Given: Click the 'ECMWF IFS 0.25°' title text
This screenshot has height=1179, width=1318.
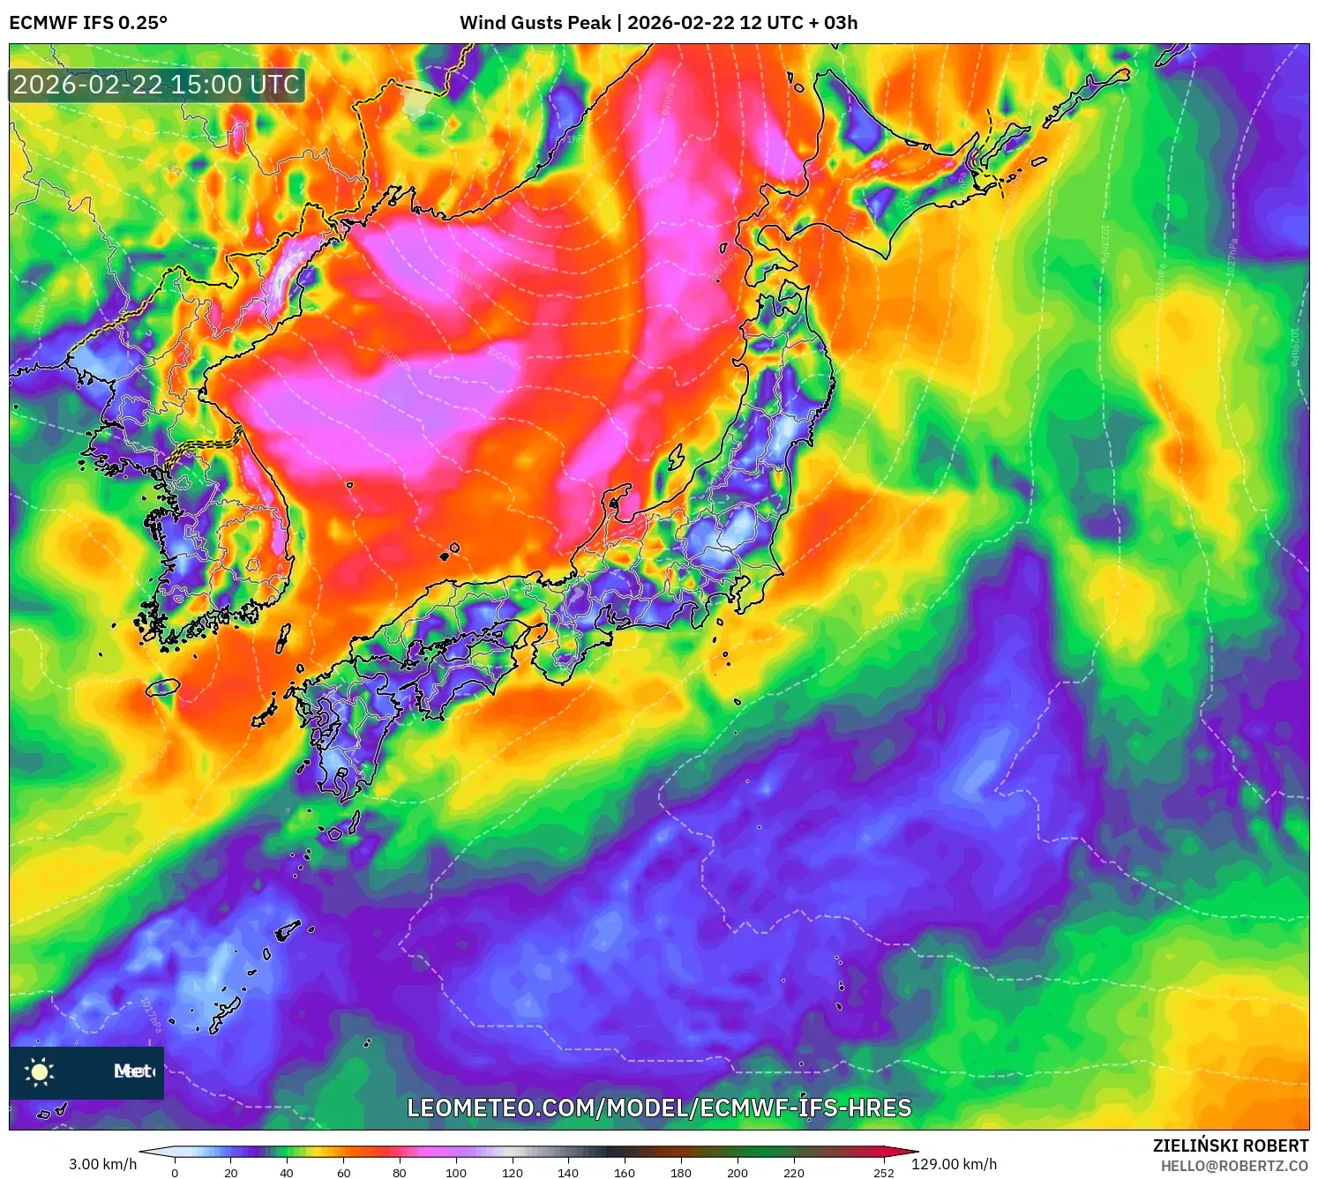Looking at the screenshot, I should pyautogui.click(x=88, y=23).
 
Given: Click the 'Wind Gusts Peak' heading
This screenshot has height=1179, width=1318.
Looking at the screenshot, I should pyautogui.click(x=535, y=23).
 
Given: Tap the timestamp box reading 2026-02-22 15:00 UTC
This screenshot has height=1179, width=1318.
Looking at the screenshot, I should pyautogui.click(x=157, y=86).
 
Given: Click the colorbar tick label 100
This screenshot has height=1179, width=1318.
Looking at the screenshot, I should pyautogui.click(x=455, y=1173).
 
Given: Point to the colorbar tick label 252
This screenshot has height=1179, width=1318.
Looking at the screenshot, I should pyautogui.click(x=883, y=1173).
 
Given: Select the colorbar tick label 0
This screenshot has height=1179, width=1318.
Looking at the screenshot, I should pyautogui.click(x=175, y=1173).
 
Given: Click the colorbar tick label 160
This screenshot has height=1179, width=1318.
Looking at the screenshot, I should pyautogui.click(x=625, y=1173).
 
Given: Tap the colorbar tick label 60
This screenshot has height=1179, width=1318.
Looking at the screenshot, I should pyautogui.click(x=343, y=1173).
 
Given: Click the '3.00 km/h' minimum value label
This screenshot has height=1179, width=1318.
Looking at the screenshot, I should pyautogui.click(x=103, y=1164).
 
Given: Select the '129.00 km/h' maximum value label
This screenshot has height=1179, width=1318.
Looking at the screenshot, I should pyautogui.click(x=954, y=1164).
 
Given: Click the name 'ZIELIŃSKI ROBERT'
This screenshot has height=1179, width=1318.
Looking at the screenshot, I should pyautogui.click(x=1230, y=1145).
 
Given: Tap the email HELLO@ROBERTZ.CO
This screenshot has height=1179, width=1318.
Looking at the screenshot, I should pyautogui.click(x=1234, y=1166).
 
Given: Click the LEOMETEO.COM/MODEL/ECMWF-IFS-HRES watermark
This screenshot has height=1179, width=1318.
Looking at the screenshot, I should pyautogui.click(x=659, y=1108).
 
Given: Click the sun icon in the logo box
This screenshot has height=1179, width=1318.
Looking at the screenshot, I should pyautogui.click(x=40, y=1071).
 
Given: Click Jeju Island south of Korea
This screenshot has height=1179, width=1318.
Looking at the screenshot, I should pyautogui.click(x=163, y=686).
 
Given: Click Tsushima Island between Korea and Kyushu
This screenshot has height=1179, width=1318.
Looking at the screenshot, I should pyautogui.click(x=283, y=637).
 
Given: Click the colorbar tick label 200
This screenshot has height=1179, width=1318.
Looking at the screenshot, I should pyautogui.click(x=738, y=1173).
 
